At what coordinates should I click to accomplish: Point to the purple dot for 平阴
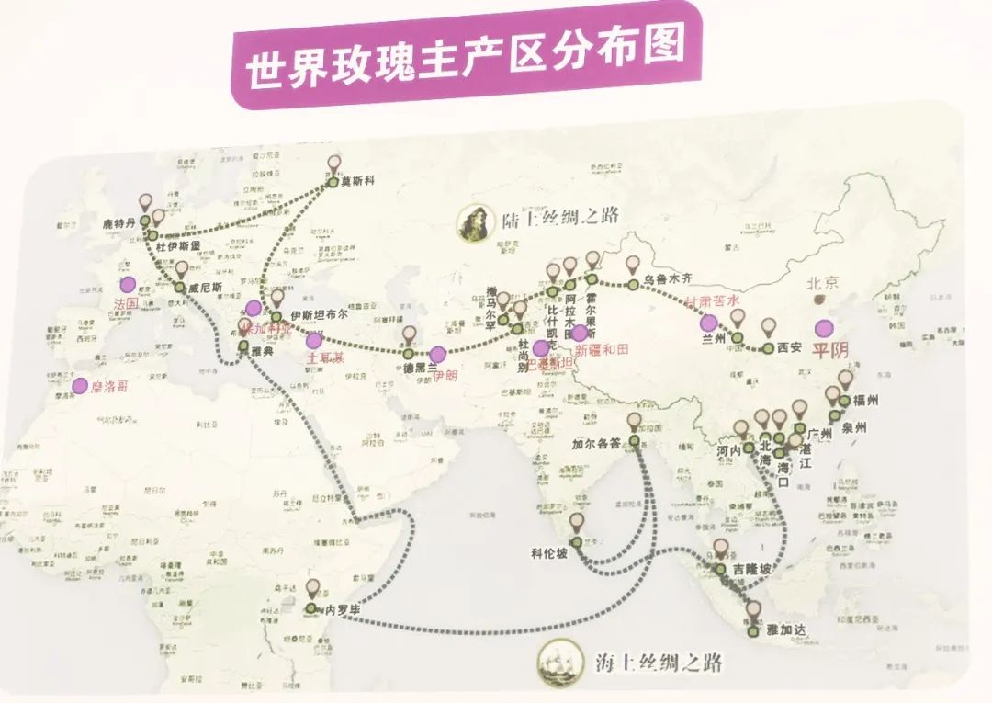(825, 328)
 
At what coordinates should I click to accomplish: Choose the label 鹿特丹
(119, 223)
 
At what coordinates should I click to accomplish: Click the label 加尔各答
(598, 444)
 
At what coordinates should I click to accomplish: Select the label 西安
(790, 348)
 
